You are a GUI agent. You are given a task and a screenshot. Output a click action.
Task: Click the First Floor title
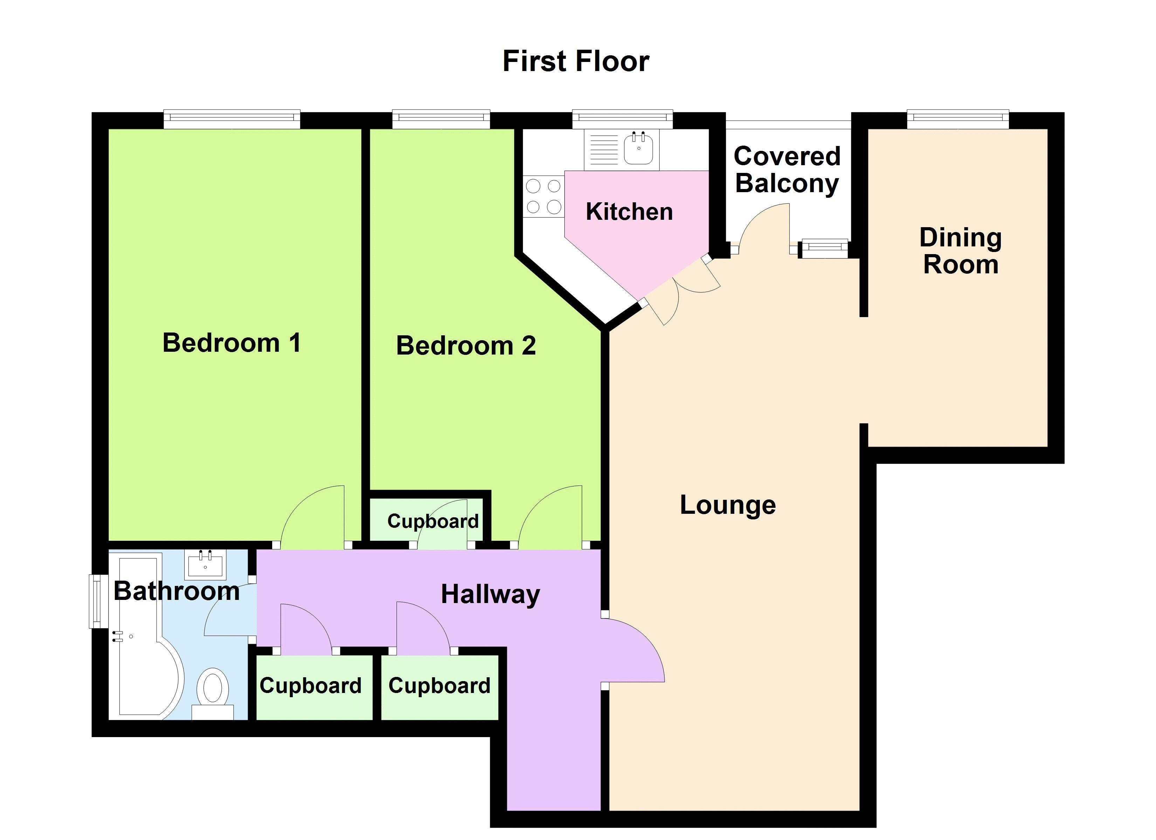click(x=576, y=61)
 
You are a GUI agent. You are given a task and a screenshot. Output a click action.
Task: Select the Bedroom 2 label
click(x=466, y=345)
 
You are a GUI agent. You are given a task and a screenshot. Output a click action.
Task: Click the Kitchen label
click(x=629, y=211)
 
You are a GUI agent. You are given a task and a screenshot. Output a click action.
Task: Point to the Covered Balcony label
click(x=787, y=170)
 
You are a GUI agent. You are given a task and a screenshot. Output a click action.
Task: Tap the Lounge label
click(x=728, y=505)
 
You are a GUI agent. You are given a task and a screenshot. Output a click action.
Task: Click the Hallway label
click(x=490, y=594)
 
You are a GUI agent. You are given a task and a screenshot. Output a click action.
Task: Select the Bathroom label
click(x=176, y=591)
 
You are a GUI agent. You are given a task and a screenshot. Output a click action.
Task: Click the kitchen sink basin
click(x=639, y=148)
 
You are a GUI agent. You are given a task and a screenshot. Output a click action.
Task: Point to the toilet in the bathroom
click(x=213, y=693)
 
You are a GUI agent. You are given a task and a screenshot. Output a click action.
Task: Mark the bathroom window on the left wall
click(x=95, y=601)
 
